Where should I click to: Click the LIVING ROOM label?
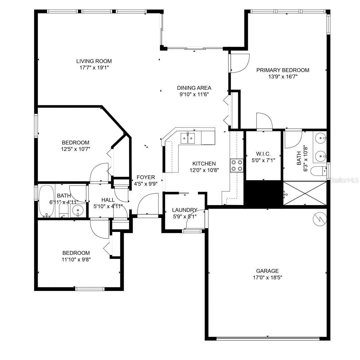click(94, 61)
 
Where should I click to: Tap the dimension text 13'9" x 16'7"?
click(282, 76)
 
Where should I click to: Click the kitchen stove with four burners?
click(237, 165)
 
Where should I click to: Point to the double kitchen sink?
click(187, 138)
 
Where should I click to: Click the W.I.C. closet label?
click(263, 154)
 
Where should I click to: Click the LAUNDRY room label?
click(185, 210)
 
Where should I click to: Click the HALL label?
click(108, 200)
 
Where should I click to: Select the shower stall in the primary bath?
click(304, 194)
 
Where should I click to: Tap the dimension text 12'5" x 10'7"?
click(75, 149)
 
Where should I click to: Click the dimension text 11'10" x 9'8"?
click(76, 259)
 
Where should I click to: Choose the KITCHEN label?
click(204, 164)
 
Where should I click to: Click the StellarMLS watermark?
click(345, 180)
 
